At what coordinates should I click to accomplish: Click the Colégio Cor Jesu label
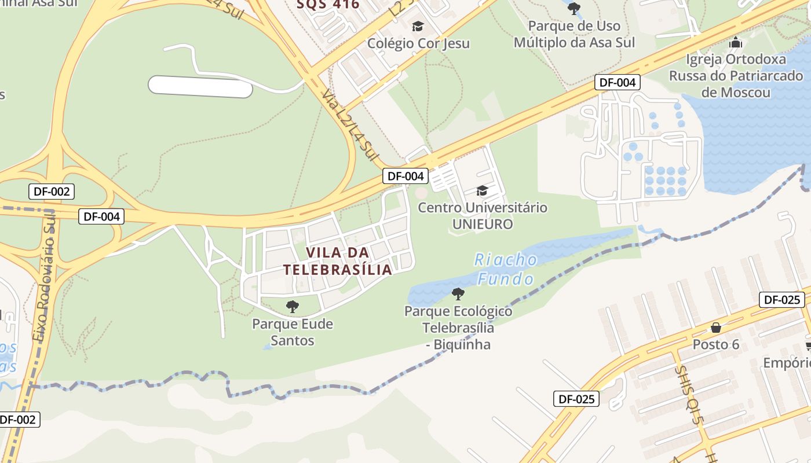click(419, 43)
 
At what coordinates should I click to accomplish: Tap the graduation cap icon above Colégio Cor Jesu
click(418, 26)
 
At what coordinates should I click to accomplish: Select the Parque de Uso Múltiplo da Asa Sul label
click(574, 34)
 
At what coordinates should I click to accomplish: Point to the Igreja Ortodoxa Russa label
click(736, 76)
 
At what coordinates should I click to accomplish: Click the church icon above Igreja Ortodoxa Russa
click(736, 42)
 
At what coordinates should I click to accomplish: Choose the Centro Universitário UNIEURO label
click(483, 215)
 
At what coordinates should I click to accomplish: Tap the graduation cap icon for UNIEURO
click(482, 190)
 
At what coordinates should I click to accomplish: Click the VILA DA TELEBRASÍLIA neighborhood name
click(338, 261)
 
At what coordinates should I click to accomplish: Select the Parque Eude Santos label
click(293, 332)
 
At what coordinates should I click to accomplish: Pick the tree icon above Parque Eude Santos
click(293, 306)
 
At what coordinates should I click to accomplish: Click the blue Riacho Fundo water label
click(506, 269)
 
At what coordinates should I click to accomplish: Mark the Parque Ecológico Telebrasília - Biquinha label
click(458, 328)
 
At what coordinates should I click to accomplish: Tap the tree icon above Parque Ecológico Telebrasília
click(458, 294)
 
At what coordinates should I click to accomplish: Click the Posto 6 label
click(716, 344)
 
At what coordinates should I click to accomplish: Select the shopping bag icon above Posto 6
click(716, 328)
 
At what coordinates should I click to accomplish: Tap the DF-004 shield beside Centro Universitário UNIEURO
click(405, 176)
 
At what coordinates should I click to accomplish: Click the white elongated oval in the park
click(200, 87)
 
